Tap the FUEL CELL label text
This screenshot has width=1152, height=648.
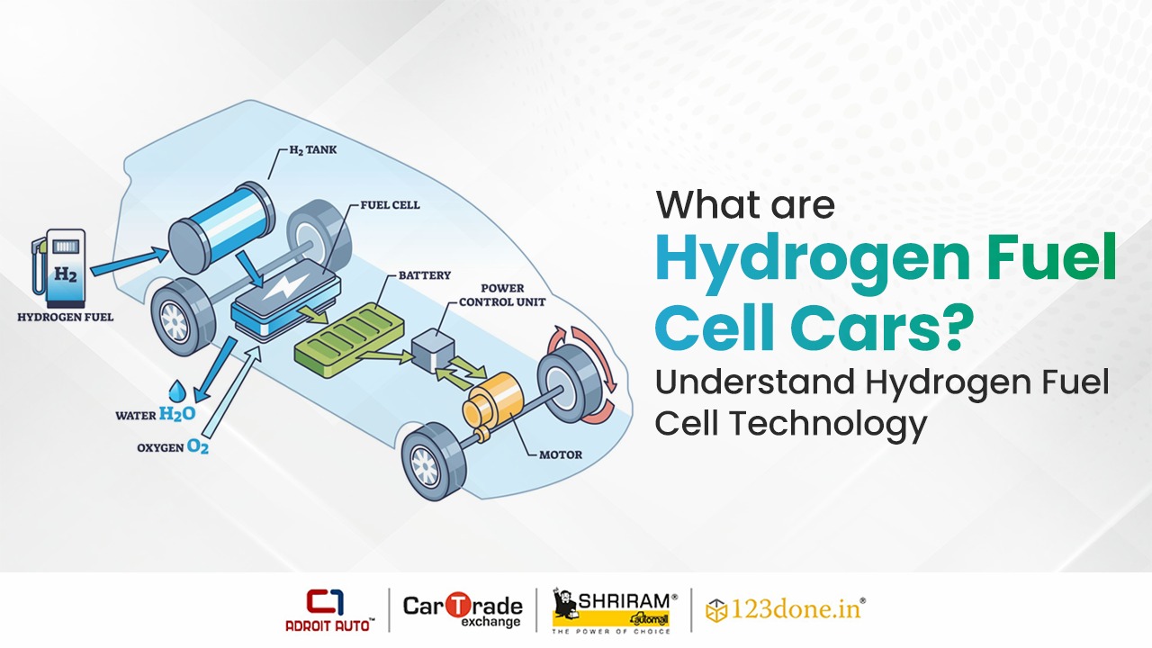point(390,204)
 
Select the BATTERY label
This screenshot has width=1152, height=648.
point(424,275)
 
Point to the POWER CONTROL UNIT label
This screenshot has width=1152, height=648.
point(502,294)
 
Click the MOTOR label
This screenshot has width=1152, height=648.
point(561,454)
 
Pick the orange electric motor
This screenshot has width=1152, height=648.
point(492,408)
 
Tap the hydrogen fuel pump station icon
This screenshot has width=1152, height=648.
point(58,268)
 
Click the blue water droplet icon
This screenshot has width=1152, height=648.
point(177,391)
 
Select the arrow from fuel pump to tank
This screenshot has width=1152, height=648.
point(129,261)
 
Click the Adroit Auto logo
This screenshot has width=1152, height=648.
point(329,610)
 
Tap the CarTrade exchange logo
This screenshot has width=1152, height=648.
point(463,610)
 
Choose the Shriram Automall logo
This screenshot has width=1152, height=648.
point(615,611)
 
